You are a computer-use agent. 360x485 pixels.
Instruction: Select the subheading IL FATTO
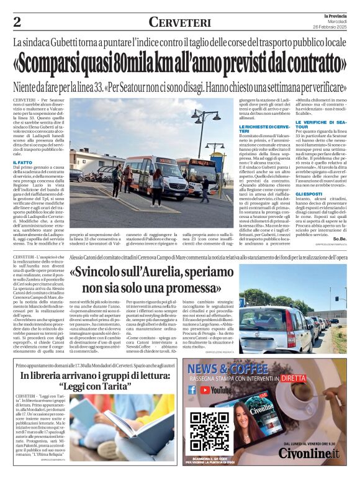[x=22, y=163]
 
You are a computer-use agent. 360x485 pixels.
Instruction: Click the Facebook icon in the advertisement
[x=192, y=390]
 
